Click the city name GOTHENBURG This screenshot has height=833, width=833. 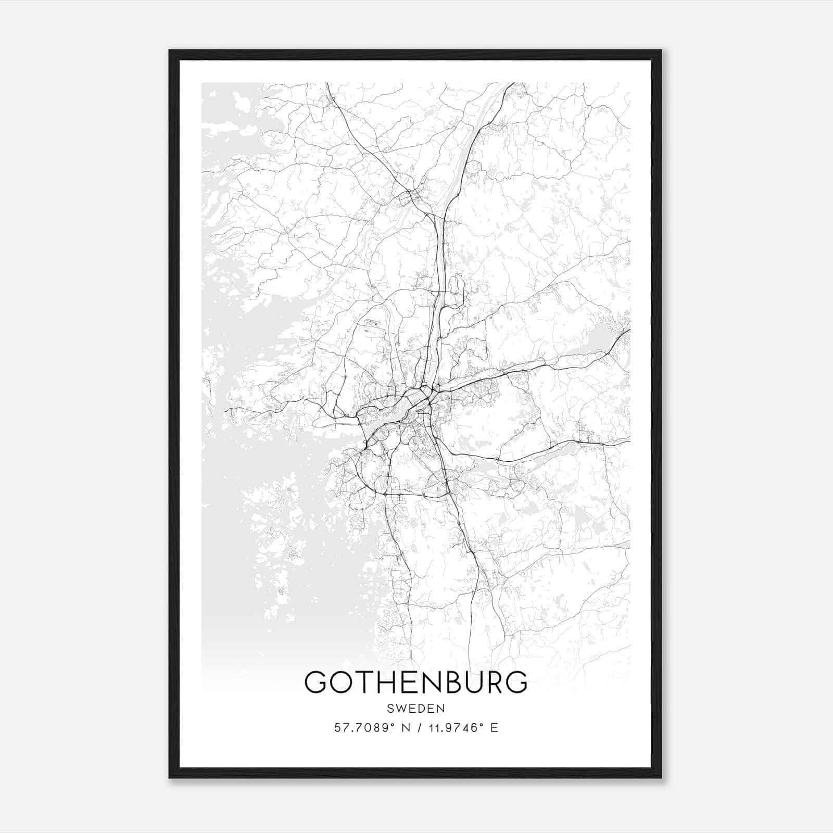coord(415,682)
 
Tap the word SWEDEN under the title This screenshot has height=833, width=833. coord(415,709)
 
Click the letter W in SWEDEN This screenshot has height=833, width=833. coord(402,709)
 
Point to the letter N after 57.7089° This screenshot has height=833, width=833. coord(400,728)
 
